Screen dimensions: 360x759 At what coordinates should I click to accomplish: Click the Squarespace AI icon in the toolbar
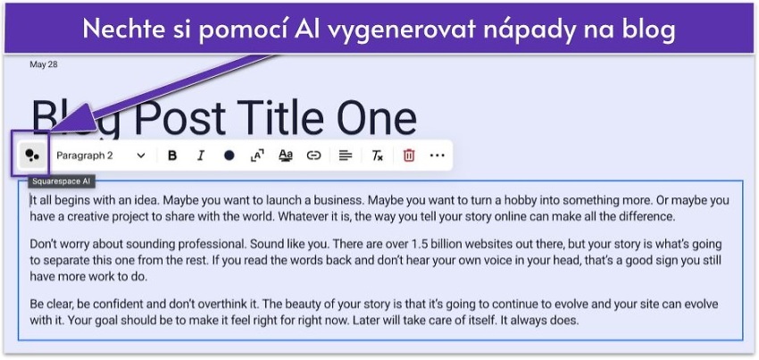(x=32, y=155)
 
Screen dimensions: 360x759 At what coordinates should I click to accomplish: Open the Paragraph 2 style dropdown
(x=100, y=155)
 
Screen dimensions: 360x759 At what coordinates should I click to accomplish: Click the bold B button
(x=172, y=155)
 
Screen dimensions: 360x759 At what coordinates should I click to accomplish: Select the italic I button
(x=200, y=155)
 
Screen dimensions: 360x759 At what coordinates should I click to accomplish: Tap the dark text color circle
(x=229, y=155)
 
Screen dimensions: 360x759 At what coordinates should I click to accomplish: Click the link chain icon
(x=313, y=155)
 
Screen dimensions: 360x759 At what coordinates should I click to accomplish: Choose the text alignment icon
(x=346, y=155)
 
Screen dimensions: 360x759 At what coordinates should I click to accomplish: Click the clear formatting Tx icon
(x=378, y=155)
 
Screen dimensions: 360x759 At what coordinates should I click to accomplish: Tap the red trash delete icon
(x=409, y=155)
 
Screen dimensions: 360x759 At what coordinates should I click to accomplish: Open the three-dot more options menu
(x=437, y=155)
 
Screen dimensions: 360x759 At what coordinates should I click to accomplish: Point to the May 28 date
(x=43, y=64)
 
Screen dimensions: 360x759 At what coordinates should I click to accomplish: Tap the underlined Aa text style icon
(x=286, y=155)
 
